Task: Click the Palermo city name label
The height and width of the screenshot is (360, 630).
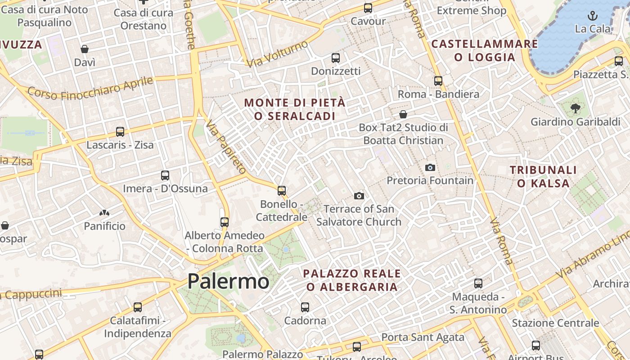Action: [228, 282]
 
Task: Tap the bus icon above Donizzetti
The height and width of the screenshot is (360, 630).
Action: [336, 58]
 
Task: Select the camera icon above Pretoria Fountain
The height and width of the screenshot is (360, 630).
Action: [430, 167]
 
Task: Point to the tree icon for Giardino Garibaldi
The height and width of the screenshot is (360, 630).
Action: [575, 108]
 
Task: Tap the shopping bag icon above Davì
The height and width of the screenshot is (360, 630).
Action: [85, 49]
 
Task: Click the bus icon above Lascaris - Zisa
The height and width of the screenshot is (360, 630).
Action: [120, 132]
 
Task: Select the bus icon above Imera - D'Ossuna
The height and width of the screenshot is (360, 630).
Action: [165, 175]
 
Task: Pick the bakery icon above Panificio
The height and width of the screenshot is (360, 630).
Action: [104, 212]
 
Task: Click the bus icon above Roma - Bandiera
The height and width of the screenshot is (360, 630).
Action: [438, 81]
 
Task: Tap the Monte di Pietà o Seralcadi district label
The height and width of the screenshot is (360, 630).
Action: [295, 109]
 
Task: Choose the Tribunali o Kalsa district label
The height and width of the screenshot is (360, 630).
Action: [543, 176]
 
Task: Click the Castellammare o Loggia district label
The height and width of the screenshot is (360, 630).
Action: [485, 50]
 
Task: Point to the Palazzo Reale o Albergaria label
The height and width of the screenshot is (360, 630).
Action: [352, 280]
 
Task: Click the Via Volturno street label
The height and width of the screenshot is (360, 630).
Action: [277, 54]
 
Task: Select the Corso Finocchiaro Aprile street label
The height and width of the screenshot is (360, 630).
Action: [90, 89]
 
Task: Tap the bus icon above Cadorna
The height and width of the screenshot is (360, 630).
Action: [305, 307]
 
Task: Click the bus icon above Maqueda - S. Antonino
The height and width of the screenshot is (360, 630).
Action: [478, 283]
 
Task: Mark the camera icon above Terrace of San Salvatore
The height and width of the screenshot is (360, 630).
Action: [359, 196]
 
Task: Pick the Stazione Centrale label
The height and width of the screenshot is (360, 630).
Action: [555, 323]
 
